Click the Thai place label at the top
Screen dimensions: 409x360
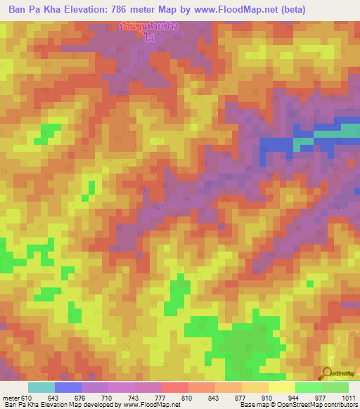click(148, 32)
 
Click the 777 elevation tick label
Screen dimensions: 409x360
click(162, 397)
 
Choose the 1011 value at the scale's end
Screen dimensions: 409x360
click(348, 397)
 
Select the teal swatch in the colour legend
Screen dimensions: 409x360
click(41, 387)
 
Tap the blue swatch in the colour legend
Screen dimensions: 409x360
click(68, 387)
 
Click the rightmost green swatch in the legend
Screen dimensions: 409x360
click(335, 387)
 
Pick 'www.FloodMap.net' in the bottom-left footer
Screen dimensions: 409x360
click(147, 405)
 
